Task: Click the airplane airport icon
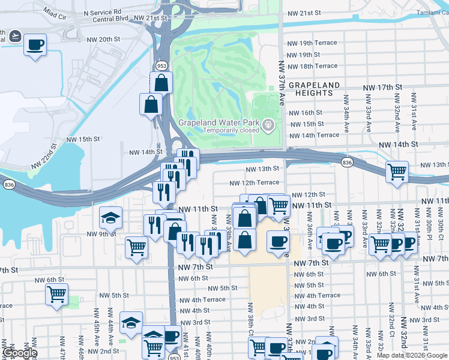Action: pyautogui.click(x=14, y=37)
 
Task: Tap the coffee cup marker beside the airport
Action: pyautogui.click(x=35, y=44)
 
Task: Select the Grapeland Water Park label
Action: pyautogui.click(x=218, y=122)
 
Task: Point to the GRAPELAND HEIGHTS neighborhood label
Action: pyautogui.click(x=314, y=89)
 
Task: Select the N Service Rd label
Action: pyautogui.click(x=102, y=11)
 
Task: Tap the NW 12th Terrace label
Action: pyautogui.click(x=254, y=182)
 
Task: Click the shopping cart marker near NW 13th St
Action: pyautogui.click(x=397, y=171)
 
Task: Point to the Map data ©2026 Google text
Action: pyautogui.click(x=411, y=355)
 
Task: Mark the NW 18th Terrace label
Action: pyautogui.click(x=312, y=66)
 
